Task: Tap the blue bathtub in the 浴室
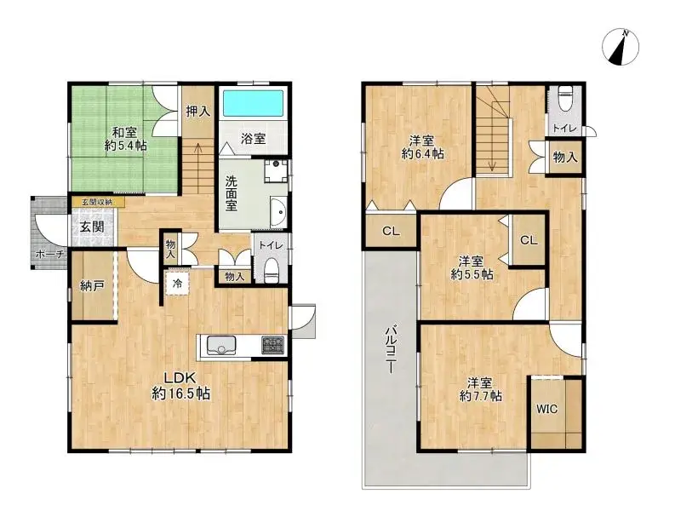click(253, 105)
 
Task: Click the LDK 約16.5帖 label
click(180, 386)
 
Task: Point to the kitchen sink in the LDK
click(220, 345)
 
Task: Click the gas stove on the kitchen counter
click(273, 345)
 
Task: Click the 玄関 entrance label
click(93, 227)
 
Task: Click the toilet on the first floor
click(271, 268)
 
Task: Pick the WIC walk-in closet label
click(546, 408)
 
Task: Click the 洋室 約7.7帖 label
click(480, 389)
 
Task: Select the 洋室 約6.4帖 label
click(423, 147)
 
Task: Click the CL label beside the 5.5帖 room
click(529, 240)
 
